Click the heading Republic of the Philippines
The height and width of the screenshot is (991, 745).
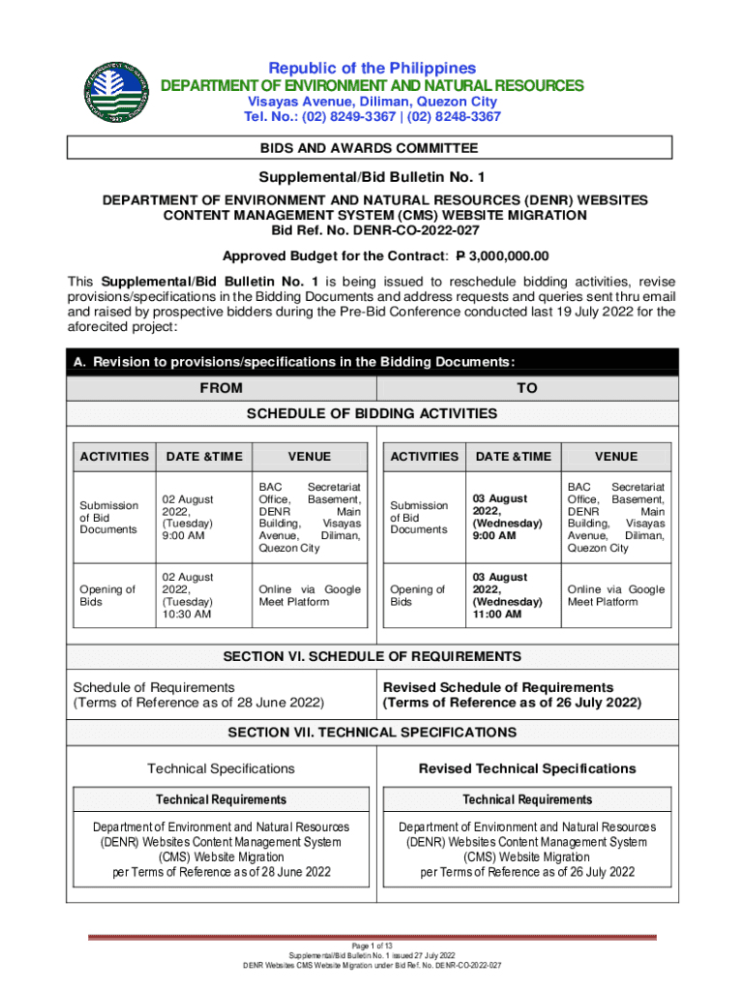coord(372,68)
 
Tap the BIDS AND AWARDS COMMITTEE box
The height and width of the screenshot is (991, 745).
coord(369,148)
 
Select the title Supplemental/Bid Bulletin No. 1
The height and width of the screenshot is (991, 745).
coord(372,178)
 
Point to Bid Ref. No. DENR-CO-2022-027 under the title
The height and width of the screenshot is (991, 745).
coord(372,230)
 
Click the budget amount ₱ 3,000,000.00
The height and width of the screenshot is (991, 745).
coord(502,256)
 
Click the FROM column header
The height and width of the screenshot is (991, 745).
coord(221,388)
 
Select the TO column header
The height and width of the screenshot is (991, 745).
coord(526,388)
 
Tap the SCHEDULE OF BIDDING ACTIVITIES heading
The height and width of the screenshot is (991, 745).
coord(372,414)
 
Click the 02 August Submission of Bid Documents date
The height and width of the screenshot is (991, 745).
coord(188,517)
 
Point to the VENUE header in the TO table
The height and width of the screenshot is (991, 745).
coord(615,457)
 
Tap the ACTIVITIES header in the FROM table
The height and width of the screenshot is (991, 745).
coord(114,457)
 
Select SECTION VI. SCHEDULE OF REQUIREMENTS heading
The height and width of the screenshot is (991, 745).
coord(372,657)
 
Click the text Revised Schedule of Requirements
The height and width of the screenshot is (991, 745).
coord(498,687)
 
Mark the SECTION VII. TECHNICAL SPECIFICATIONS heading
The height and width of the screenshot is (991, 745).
coord(372,733)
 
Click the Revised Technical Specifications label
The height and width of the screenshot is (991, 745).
coord(526,768)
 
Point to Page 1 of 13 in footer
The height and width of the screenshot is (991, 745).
coord(372,945)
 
